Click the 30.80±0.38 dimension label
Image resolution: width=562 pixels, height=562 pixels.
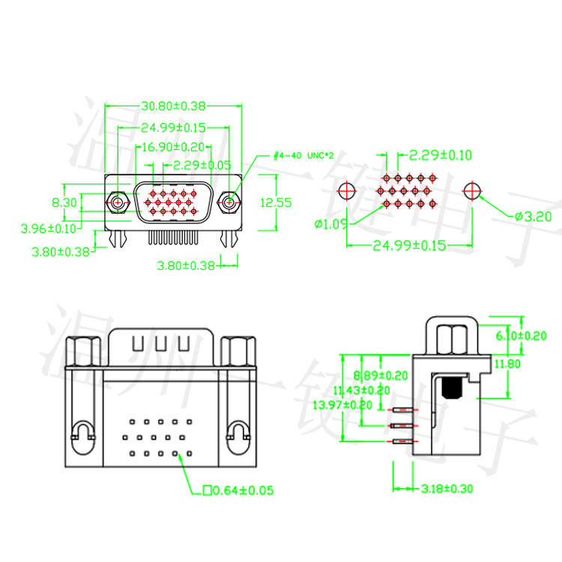173,107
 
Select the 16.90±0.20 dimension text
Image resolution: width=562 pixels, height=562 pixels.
173,147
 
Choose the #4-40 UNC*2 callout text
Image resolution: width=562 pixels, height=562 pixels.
303,155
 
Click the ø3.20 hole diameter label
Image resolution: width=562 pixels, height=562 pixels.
533,217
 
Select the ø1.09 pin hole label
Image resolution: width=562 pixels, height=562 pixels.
330,223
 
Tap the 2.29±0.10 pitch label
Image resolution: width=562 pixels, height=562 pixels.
440,155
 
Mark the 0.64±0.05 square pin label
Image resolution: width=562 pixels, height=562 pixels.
238,491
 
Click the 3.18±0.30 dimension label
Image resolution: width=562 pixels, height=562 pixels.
447,489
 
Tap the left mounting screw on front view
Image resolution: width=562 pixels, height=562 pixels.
117,202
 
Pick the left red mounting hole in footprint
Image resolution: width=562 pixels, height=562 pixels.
347,190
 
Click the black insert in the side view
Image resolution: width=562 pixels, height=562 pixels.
452,387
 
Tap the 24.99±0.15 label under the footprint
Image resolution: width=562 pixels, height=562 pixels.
409,246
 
